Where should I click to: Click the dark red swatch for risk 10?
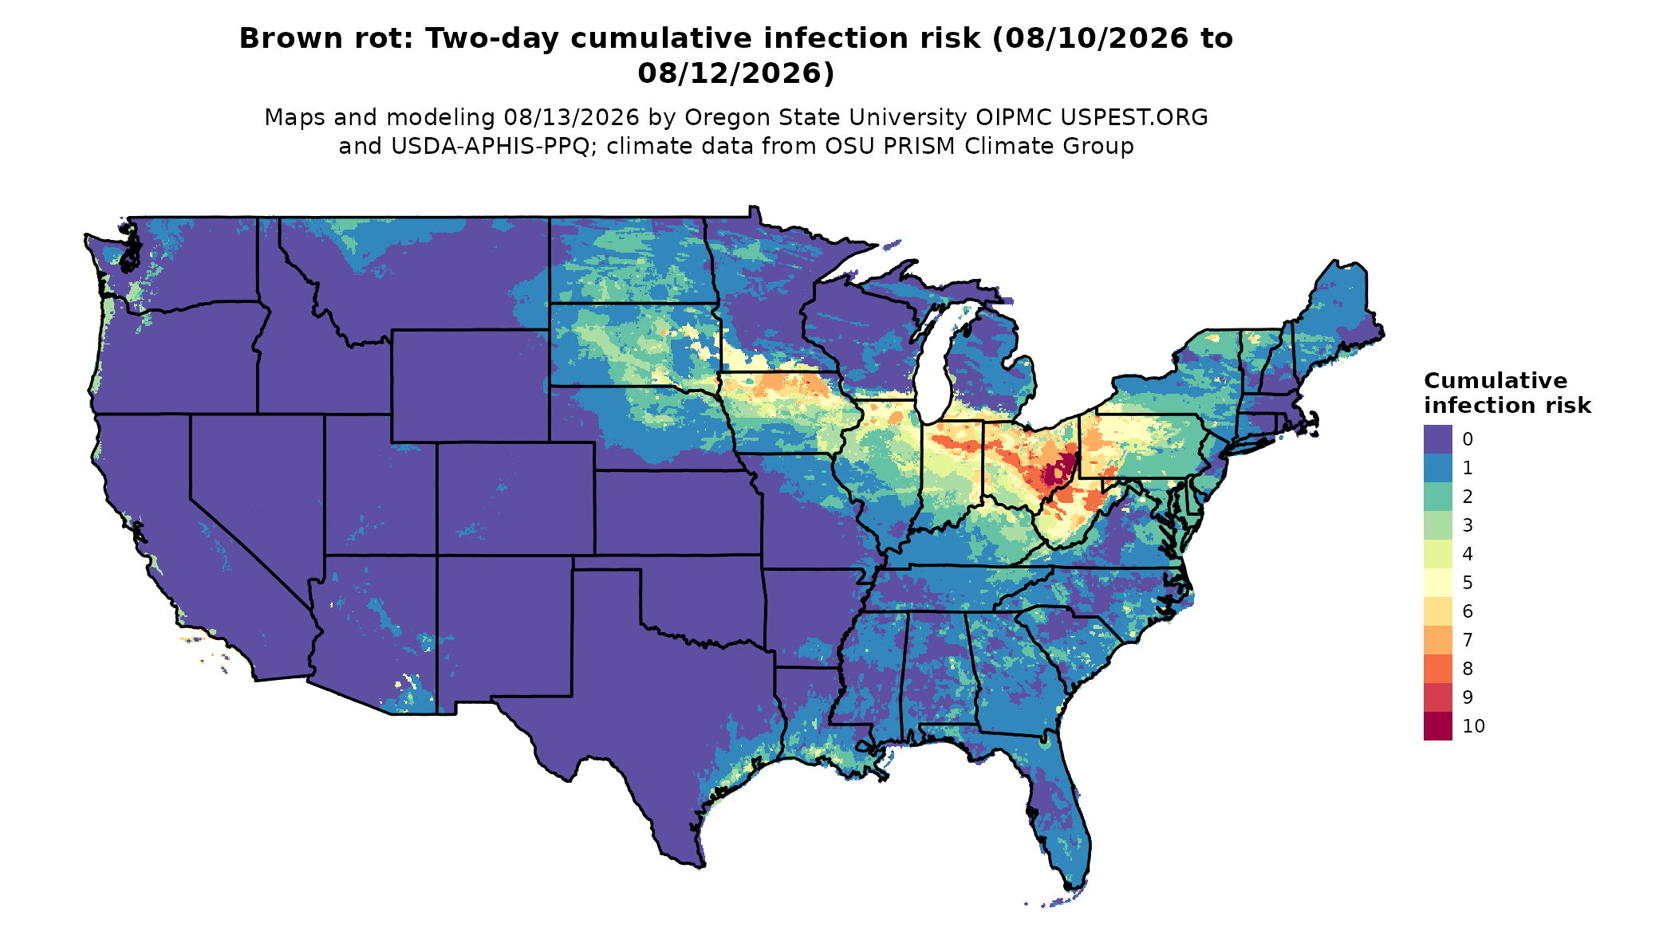[x=1437, y=726]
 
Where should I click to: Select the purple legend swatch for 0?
[x=1437, y=439]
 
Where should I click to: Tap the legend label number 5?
[x=1468, y=583]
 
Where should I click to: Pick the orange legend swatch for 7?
[x=1437, y=640]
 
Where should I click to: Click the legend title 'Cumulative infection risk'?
[x=1507, y=393]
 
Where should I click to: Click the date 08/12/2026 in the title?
[x=736, y=73]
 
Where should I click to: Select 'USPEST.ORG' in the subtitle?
[x=1133, y=118]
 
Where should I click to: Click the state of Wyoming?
[x=470, y=386]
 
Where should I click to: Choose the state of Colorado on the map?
[x=515, y=498]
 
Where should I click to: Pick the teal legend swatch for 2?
[x=1437, y=497]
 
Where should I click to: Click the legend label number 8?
[x=1468, y=669]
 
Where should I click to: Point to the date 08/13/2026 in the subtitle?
[x=572, y=118]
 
